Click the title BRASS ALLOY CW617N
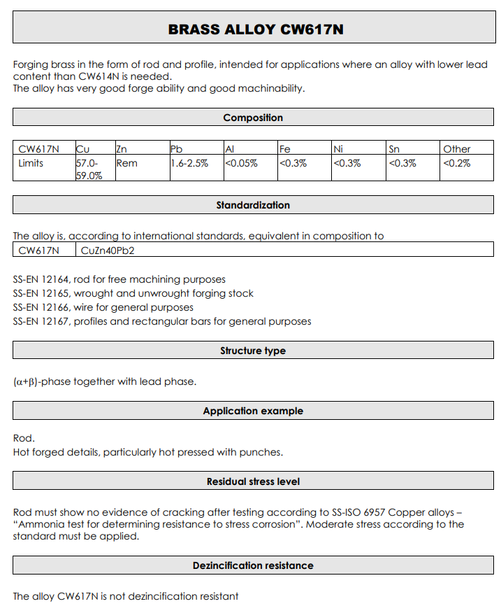point(256,29)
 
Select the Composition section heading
point(253,118)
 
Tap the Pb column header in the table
point(177,148)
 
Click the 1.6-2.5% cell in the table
point(189,163)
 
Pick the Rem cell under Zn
point(126,163)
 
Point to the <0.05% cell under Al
point(241,163)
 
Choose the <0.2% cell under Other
point(456,163)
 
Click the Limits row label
point(31,163)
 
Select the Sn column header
point(394,148)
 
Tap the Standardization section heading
point(253,205)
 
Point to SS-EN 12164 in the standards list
point(41,279)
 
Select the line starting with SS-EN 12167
point(162,321)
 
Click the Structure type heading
point(253,351)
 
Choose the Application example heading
point(253,411)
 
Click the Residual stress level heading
point(253,481)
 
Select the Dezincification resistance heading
point(253,565)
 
